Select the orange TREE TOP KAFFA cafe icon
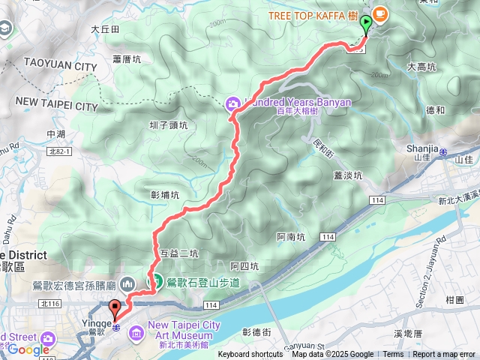(380, 13)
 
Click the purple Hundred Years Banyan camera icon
(233, 102)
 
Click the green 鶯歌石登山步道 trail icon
(158, 283)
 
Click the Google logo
(28, 349)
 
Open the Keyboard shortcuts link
(250, 355)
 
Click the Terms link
(393, 355)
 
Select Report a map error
(444, 355)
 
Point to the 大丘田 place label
(105, 29)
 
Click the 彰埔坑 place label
(165, 195)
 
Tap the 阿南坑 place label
(291, 237)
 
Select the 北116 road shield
(51, 303)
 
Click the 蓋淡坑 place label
(347, 175)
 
